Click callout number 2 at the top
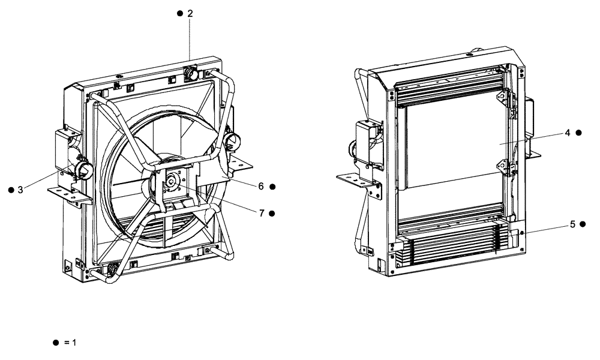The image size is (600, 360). [190, 13]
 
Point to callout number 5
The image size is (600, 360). [572, 224]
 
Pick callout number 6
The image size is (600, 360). [261, 187]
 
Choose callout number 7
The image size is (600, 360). [261, 213]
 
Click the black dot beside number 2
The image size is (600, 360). [179, 13]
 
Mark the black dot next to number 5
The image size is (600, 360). [583, 224]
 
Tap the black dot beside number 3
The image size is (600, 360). [10, 190]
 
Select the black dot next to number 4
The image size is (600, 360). [578, 133]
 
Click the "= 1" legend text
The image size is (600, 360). [71, 343]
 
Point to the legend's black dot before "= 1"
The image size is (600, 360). [55, 343]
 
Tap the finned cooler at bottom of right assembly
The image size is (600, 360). [450, 246]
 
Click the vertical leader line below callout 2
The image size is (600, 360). [190, 39]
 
